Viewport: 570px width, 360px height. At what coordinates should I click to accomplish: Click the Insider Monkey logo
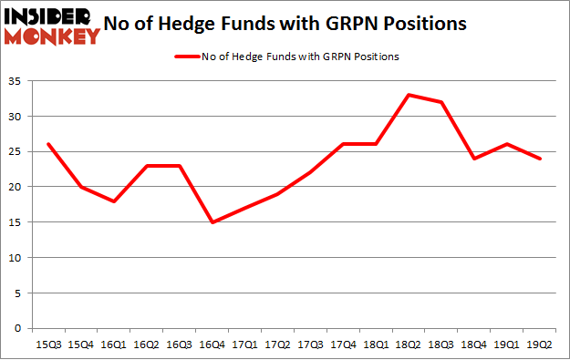[51, 26]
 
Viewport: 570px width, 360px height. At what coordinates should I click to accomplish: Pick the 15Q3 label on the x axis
[47, 344]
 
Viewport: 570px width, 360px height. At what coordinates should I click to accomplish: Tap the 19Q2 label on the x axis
[542, 344]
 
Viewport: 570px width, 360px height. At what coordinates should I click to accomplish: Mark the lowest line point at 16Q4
[212, 221]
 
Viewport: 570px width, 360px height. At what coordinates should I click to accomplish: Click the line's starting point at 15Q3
[47, 144]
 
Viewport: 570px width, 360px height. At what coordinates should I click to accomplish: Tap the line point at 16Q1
[113, 201]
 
